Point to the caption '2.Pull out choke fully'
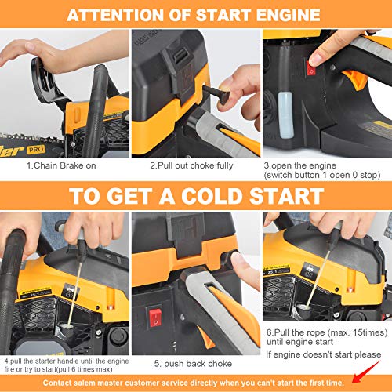click(x=194, y=165)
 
